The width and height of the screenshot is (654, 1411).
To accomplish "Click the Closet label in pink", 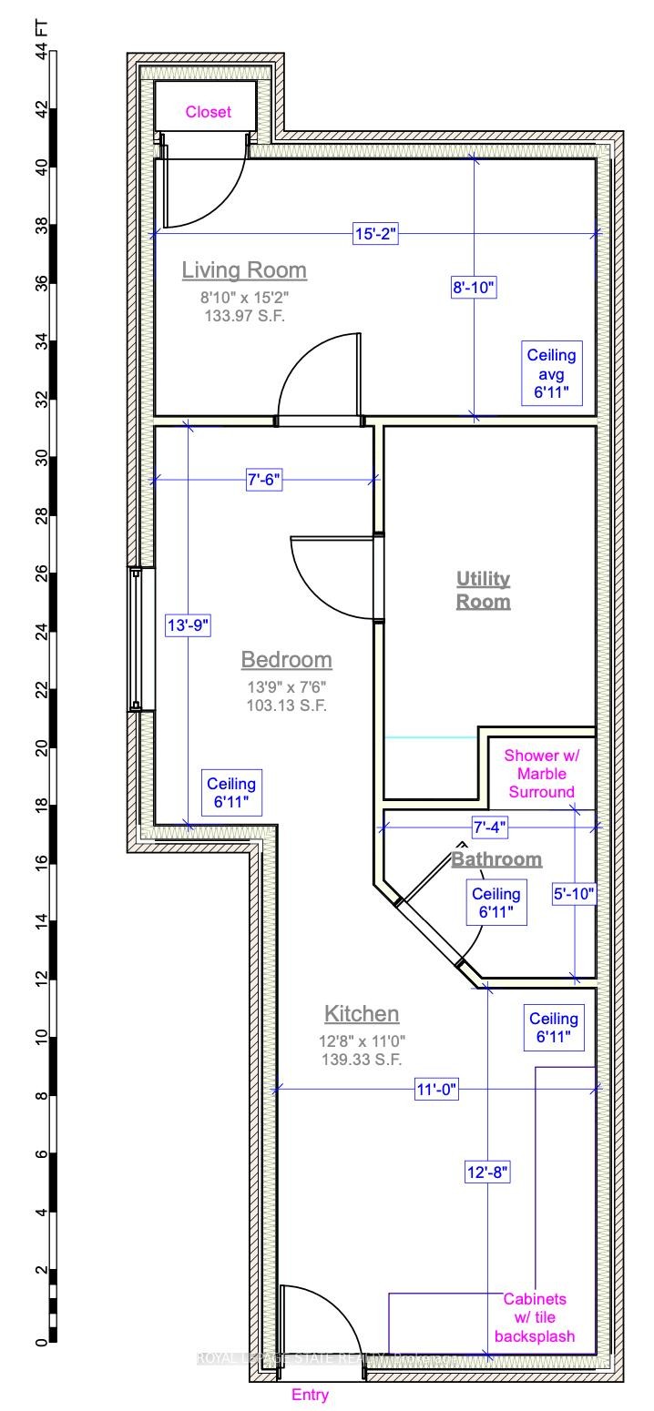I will click(209, 112).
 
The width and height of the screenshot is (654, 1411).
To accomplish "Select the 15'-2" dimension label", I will click(375, 235).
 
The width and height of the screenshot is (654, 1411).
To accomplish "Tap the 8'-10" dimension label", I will click(474, 289).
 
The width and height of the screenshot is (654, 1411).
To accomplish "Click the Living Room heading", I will click(244, 270).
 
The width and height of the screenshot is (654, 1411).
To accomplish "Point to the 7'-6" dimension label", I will click(264, 481).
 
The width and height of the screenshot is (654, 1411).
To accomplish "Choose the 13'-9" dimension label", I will click(188, 625).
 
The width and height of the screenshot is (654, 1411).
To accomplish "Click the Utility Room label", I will click(483, 590).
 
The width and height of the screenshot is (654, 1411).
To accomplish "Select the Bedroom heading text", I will click(286, 659).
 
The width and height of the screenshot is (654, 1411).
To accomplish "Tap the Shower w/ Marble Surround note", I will click(541, 773).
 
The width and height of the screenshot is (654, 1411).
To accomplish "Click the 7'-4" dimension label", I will click(489, 827).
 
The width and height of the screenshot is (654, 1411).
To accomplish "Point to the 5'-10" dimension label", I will click(575, 895).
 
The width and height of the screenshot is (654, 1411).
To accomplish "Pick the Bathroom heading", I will click(497, 858).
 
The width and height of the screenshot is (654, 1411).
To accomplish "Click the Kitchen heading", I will click(362, 1013).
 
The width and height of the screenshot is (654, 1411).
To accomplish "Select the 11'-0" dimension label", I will click(435, 1090).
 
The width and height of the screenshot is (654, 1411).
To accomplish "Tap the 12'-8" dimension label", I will click(487, 1173).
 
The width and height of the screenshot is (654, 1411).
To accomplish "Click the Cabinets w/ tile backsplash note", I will click(535, 1317).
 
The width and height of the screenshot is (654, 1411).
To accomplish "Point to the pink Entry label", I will click(310, 1395).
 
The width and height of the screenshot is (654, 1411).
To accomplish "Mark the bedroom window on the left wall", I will click(136, 638).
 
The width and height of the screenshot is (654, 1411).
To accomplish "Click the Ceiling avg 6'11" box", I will click(552, 373).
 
